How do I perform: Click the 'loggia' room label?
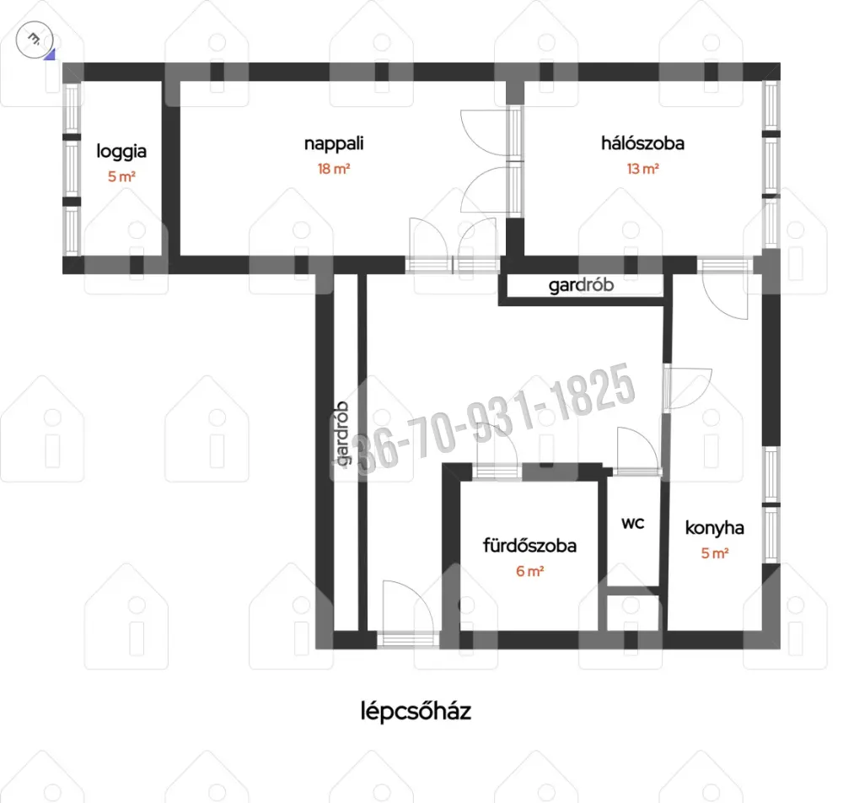(121, 152)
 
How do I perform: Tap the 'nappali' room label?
(334, 144)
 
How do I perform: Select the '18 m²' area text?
(334, 169)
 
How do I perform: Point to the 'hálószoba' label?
(642, 143)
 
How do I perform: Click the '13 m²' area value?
(642, 169)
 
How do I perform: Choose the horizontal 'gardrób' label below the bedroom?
(581, 285)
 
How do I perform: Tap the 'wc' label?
(633, 523)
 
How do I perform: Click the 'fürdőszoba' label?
(529, 546)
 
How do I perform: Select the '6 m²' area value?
(529, 571)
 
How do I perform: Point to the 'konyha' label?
(715, 528)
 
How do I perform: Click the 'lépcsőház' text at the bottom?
(416, 712)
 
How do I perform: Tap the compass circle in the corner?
(35, 40)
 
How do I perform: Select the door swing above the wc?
(637, 450)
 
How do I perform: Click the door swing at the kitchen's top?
(724, 295)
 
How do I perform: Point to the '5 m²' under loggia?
(121, 176)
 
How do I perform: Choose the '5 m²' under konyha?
(715, 553)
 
